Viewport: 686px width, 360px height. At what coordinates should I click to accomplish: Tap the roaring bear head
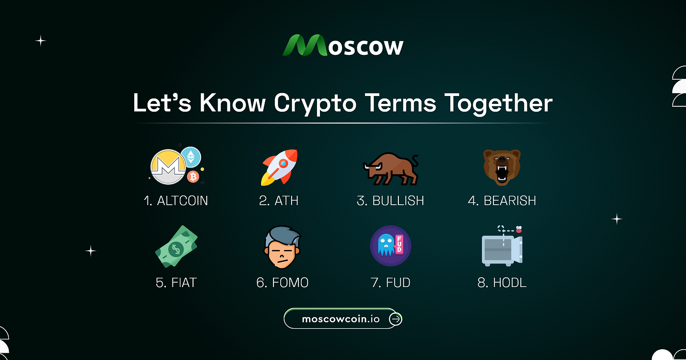click(x=502, y=167)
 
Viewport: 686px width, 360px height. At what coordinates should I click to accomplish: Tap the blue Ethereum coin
click(x=191, y=156)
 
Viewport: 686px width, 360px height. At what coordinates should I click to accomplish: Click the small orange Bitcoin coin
click(x=193, y=177)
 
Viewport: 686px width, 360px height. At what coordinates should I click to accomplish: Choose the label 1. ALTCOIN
click(x=176, y=201)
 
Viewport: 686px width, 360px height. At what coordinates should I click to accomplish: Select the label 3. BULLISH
click(x=390, y=201)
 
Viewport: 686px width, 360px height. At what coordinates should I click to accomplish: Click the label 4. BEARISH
click(x=502, y=201)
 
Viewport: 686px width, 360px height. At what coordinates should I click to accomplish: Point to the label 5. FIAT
click(x=176, y=283)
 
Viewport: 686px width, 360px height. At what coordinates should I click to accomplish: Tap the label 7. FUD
click(x=391, y=283)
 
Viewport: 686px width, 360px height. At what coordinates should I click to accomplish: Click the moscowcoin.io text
click(x=341, y=319)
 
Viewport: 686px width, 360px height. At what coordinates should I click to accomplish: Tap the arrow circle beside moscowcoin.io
click(x=395, y=319)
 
